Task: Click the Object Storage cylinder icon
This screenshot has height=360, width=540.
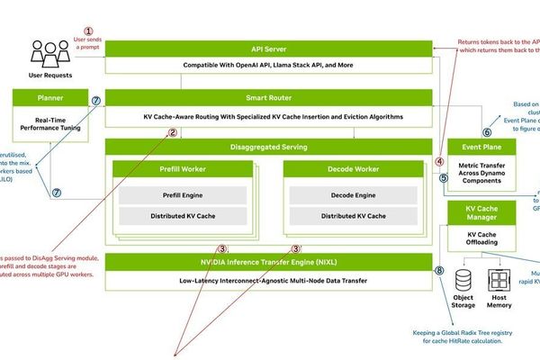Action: (x=463, y=280)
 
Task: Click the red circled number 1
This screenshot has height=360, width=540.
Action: (x=88, y=31)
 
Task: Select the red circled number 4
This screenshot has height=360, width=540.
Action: (x=440, y=162)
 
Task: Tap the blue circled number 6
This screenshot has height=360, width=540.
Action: (x=487, y=131)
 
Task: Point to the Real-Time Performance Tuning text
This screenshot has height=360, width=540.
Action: (x=50, y=122)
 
